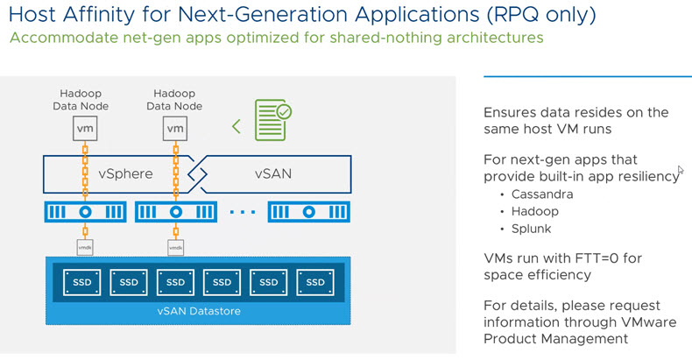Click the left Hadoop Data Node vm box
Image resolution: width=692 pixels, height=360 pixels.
coord(85,129)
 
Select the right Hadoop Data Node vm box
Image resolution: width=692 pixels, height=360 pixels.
coord(175,129)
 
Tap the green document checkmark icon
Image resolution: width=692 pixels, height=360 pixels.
coord(272,120)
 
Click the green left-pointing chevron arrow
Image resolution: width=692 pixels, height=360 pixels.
coord(237,127)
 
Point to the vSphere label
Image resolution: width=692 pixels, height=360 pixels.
coord(125,173)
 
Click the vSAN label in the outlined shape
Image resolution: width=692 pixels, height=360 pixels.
coord(273,173)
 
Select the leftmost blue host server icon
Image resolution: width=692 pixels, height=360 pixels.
coord(85,212)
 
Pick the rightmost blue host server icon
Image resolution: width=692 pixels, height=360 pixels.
coord(309,212)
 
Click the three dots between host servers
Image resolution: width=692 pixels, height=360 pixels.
coord(243,212)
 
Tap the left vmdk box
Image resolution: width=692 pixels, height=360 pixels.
coord(85,248)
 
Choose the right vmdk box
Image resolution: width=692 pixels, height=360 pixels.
coord(176,248)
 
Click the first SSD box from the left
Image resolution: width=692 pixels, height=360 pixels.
coord(81,282)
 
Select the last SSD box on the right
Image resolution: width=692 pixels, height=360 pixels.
coord(315,282)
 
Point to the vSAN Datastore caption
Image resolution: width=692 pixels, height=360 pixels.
coord(199,311)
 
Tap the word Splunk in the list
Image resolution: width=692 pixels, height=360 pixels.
coord(532,229)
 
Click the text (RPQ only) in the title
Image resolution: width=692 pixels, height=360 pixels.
coord(541,15)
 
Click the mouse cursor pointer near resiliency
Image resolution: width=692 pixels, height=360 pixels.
coord(681,170)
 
